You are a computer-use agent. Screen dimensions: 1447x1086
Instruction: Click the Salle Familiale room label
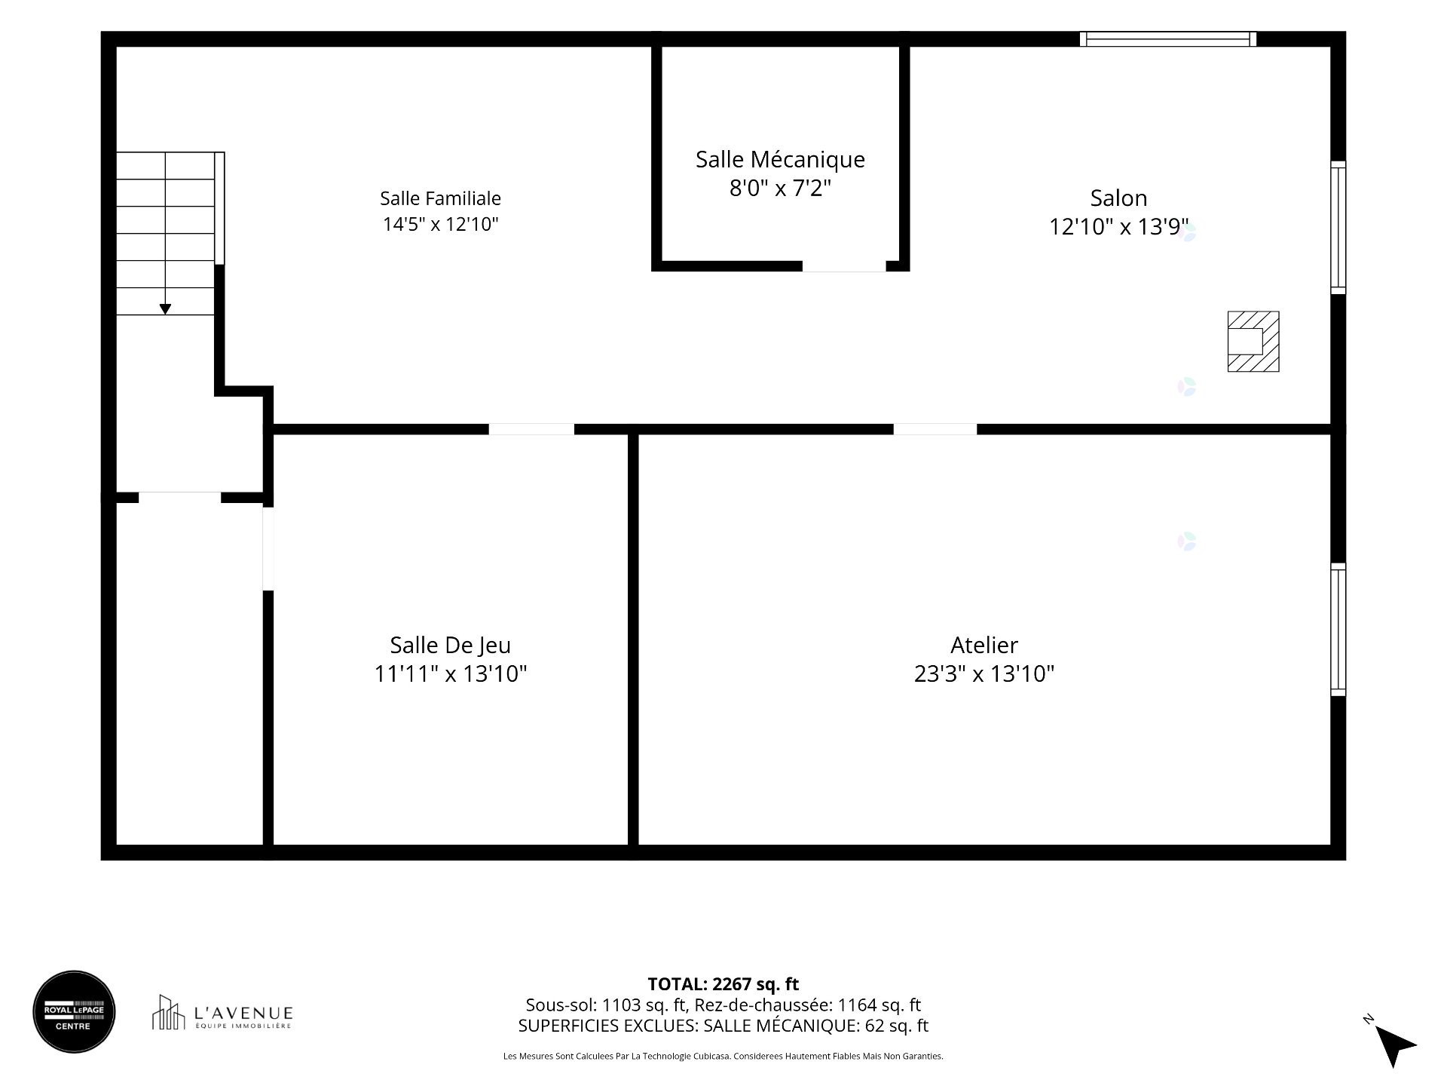(440, 198)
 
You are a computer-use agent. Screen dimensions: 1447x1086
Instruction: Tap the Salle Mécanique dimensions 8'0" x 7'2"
(780, 188)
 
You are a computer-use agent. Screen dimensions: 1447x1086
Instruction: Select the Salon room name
(1118, 198)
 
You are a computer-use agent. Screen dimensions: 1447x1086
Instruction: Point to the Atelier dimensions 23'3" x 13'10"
(984, 673)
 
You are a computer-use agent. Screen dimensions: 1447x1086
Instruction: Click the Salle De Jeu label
(450, 646)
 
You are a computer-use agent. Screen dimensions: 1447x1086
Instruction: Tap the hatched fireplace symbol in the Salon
(1253, 342)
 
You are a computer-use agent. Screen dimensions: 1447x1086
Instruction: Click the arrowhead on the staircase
(165, 309)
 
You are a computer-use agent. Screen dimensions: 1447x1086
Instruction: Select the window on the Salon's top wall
(1167, 39)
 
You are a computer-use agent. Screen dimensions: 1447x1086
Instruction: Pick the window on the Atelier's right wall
(1338, 629)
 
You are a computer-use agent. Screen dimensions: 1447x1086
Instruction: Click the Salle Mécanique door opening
(843, 266)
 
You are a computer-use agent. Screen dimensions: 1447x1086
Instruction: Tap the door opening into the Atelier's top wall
(935, 429)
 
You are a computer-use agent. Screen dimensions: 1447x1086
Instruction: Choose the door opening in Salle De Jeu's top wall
(531, 429)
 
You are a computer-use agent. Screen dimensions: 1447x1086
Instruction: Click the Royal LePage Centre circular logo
(74, 1011)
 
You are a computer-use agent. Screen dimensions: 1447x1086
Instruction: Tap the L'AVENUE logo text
(243, 1013)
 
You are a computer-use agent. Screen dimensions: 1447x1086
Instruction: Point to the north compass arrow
(1394, 1046)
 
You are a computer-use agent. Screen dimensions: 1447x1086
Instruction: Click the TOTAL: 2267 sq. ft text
(723, 984)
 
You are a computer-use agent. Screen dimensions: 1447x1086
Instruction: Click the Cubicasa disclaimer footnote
(723, 1057)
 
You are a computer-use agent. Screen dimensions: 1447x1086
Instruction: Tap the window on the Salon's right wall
(1338, 227)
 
